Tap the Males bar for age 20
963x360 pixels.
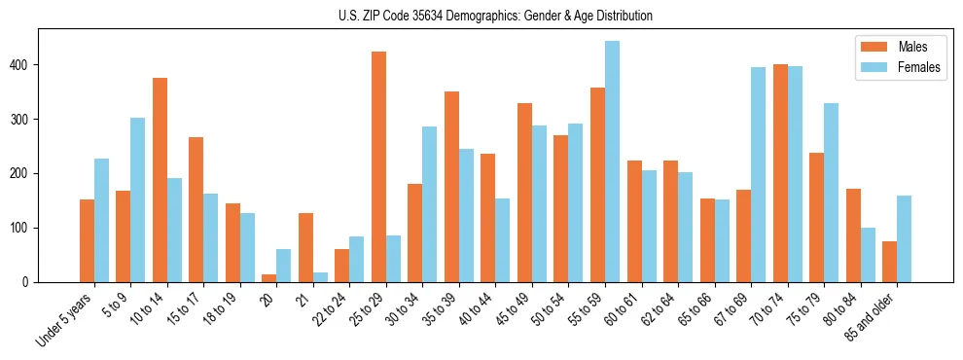click(x=269, y=278)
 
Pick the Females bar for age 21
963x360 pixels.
click(x=320, y=277)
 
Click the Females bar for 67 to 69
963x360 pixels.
click(x=758, y=174)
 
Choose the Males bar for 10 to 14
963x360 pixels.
click(x=160, y=180)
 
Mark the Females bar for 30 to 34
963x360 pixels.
click(x=430, y=204)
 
